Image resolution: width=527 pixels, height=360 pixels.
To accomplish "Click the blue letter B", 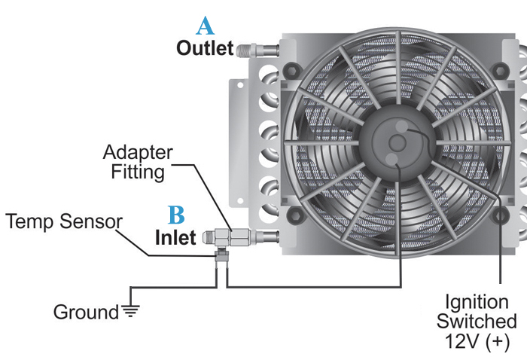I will tap(176, 216).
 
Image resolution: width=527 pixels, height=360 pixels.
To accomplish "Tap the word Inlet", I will tap(175, 237).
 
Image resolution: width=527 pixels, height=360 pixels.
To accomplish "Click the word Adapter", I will tap(138, 153).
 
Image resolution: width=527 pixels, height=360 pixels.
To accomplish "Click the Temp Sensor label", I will tap(64, 222).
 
